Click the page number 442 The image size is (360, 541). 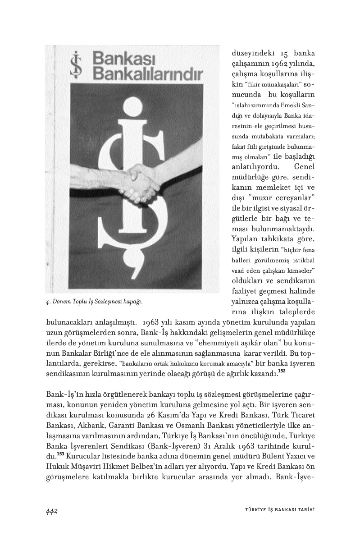(x=53, y=510)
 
